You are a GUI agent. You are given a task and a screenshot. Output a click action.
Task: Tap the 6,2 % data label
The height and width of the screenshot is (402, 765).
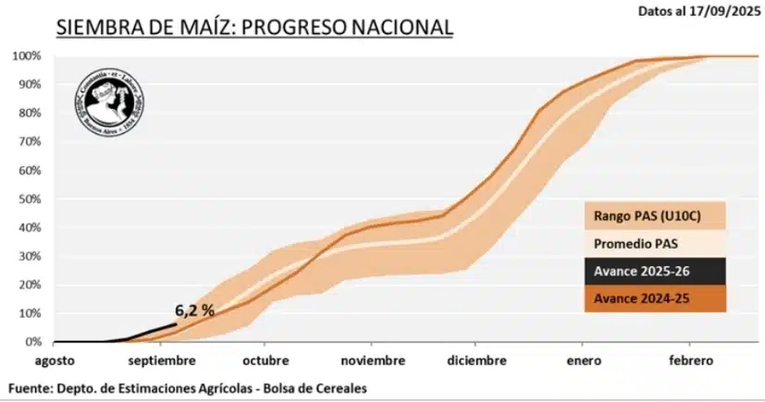(x=194, y=311)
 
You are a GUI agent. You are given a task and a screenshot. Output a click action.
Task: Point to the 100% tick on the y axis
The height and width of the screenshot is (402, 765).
(x=26, y=56)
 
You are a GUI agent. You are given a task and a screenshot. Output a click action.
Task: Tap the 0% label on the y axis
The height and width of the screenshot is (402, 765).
(x=32, y=343)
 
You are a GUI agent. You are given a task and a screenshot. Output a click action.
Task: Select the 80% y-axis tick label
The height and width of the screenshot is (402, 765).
(x=29, y=114)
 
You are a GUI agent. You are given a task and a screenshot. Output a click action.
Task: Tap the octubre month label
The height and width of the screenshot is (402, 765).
(x=266, y=360)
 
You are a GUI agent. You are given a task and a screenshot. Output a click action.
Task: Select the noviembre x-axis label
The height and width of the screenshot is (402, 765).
(x=372, y=360)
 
